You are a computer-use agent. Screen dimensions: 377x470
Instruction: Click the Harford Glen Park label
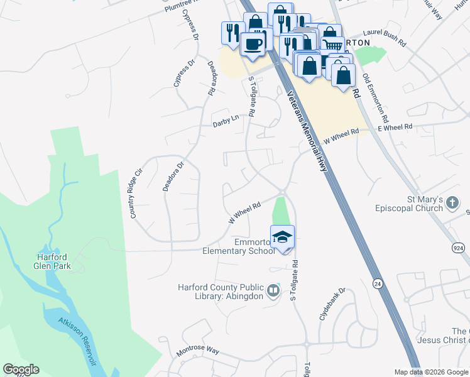(x=53, y=261)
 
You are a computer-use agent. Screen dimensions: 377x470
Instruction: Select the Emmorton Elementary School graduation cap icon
(x=283, y=237)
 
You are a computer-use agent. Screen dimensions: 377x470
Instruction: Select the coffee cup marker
(x=253, y=44)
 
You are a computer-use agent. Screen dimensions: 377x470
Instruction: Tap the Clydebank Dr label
(x=332, y=305)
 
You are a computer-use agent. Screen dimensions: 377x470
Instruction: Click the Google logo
(x=20, y=369)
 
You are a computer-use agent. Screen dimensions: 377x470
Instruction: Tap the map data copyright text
(x=431, y=372)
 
